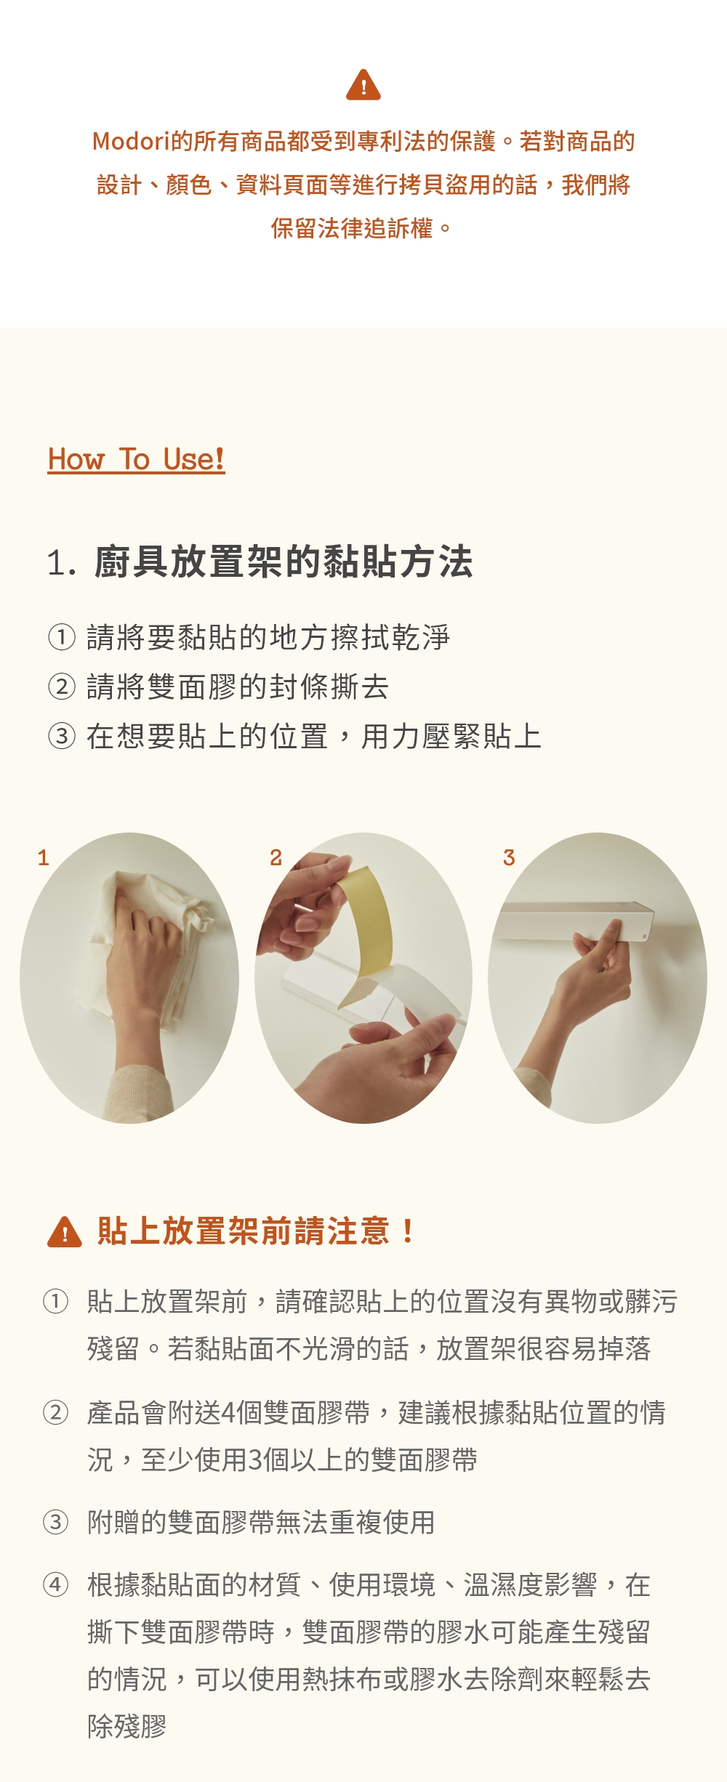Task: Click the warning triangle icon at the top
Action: point(363,85)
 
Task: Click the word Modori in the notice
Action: point(131,141)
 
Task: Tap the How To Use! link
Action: point(136,460)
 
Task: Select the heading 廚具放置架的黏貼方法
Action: point(284,562)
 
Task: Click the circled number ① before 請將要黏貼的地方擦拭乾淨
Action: point(62,637)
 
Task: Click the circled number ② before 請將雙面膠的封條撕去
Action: point(62,687)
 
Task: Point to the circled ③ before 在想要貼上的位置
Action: point(62,736)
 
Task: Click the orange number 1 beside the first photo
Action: point(44,858)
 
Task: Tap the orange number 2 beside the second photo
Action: point(276,858)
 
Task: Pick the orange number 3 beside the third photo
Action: point(509,858)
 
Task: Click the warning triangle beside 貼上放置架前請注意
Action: point(65,1232)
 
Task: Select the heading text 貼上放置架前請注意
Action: point(243,1231)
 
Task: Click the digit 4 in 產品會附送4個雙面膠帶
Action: point(228,1413)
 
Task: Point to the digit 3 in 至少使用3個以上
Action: point(255,1460)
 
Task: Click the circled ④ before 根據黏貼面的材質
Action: point(55,1584)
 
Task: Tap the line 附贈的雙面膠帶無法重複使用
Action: point(261,1522)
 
